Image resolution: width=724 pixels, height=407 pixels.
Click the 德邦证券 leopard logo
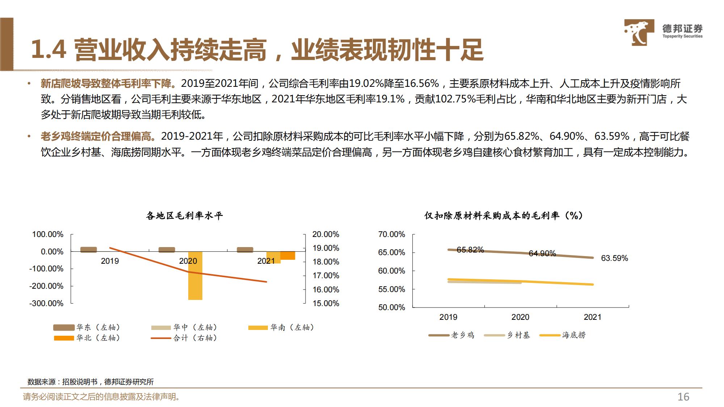click(x=639, y=32)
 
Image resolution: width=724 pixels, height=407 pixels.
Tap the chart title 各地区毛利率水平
click(x=184, y=216)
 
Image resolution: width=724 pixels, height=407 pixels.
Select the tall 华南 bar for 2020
click(x=195, y=275)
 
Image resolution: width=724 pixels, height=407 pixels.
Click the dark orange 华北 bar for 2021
click(x=288, y=255)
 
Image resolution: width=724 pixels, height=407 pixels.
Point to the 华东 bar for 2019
click(x=89, y=250)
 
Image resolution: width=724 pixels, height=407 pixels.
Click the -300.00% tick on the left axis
click(x=46, y=303)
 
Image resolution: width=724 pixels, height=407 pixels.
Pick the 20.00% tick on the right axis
click(x=326, y=234)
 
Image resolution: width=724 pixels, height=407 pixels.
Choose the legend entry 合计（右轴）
click(x=184, y=338)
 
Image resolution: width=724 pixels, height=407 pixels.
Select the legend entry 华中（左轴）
click(x=184, y=327)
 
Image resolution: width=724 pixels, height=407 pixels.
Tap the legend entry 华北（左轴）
click(x=87, y=338)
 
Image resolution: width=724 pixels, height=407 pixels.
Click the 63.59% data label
click(x=614, y=258)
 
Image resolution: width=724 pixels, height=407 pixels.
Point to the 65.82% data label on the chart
click(x=470, y=250)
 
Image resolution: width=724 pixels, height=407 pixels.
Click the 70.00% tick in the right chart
click(x=391, y=234)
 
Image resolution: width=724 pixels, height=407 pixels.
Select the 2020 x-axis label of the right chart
click(x=520, y=317)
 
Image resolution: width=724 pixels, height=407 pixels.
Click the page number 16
click(x=683, y=397)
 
